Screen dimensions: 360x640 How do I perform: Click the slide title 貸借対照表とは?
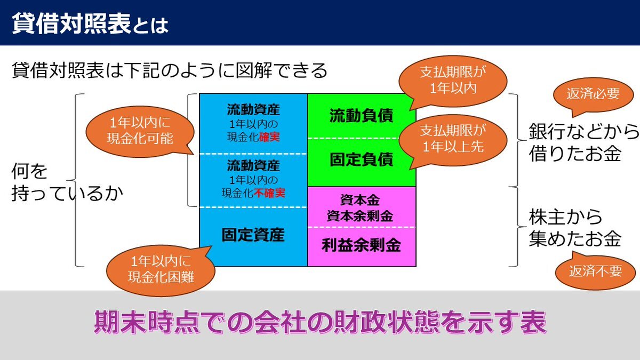click(90, 25)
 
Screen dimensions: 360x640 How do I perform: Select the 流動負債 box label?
click(361, 116)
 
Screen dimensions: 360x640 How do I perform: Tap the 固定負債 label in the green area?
click(361, 159)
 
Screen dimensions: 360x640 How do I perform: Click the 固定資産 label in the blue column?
click(253, 235)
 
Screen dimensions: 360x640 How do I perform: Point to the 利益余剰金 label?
click(361, 245)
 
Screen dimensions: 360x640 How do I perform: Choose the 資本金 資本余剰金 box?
click(361, 208)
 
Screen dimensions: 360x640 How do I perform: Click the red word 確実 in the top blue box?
click(272, 137)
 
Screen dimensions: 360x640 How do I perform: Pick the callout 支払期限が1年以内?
click(453, 81)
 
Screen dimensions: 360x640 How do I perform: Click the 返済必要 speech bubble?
click(594, 94)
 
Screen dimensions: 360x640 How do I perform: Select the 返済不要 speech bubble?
click(596, 271)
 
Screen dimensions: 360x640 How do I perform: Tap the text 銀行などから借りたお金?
click(583, 142)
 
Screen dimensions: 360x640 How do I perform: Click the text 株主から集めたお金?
click(575, 228)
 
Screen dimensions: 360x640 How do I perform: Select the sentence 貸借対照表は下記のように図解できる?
click(170, 70)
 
